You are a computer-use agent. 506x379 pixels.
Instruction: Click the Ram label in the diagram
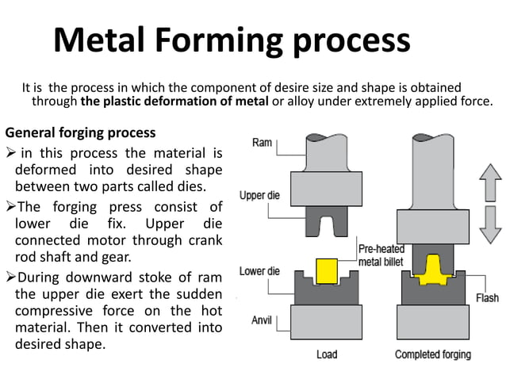pyautogui.click(x=263, y=143)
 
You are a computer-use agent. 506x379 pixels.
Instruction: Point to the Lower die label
pyautogui.click(x=259, y=272)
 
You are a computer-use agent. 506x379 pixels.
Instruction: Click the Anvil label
pyautogui.click(x=263, y=320)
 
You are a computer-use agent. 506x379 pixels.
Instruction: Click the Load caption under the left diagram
pyautogui.click(x=328, y=354)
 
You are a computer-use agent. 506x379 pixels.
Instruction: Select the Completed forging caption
pyautogui.click(x=432, y=354)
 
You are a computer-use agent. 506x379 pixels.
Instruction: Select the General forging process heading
pyautogui.click(x=81, y=132)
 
